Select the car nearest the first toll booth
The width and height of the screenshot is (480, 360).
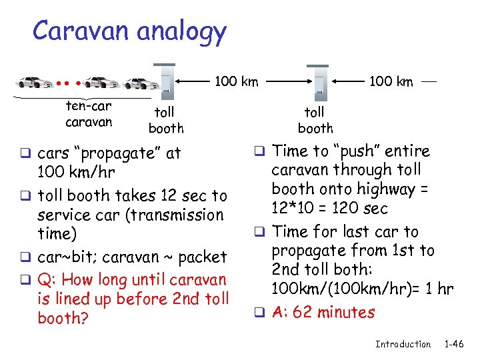[142, 83]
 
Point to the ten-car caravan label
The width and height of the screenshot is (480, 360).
[89, 114]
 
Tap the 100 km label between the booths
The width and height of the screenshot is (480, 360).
[236, 81]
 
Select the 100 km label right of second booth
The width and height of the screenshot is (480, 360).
[391, 82]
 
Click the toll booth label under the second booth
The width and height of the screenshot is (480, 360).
[315, 120]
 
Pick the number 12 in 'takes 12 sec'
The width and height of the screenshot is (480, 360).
[164, 195]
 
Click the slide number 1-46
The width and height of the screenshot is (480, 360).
[454, 344]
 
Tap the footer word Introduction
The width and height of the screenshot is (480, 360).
[403, 344]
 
